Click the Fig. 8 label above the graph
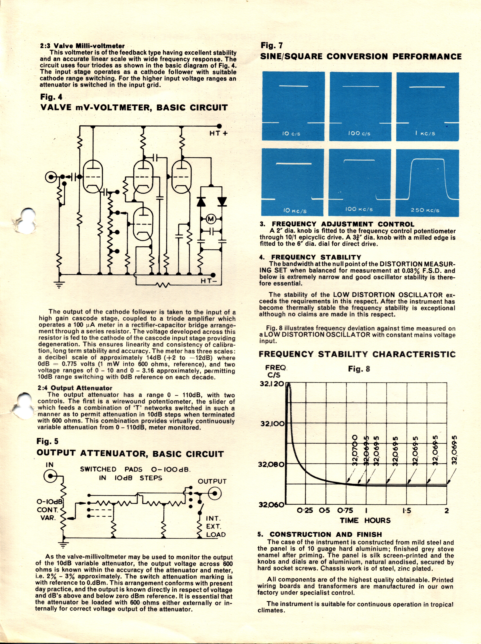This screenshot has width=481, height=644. (x=359, y=369)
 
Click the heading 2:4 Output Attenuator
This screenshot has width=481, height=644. (x=75, y=388)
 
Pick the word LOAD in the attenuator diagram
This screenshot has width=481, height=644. (x=216, y=534)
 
